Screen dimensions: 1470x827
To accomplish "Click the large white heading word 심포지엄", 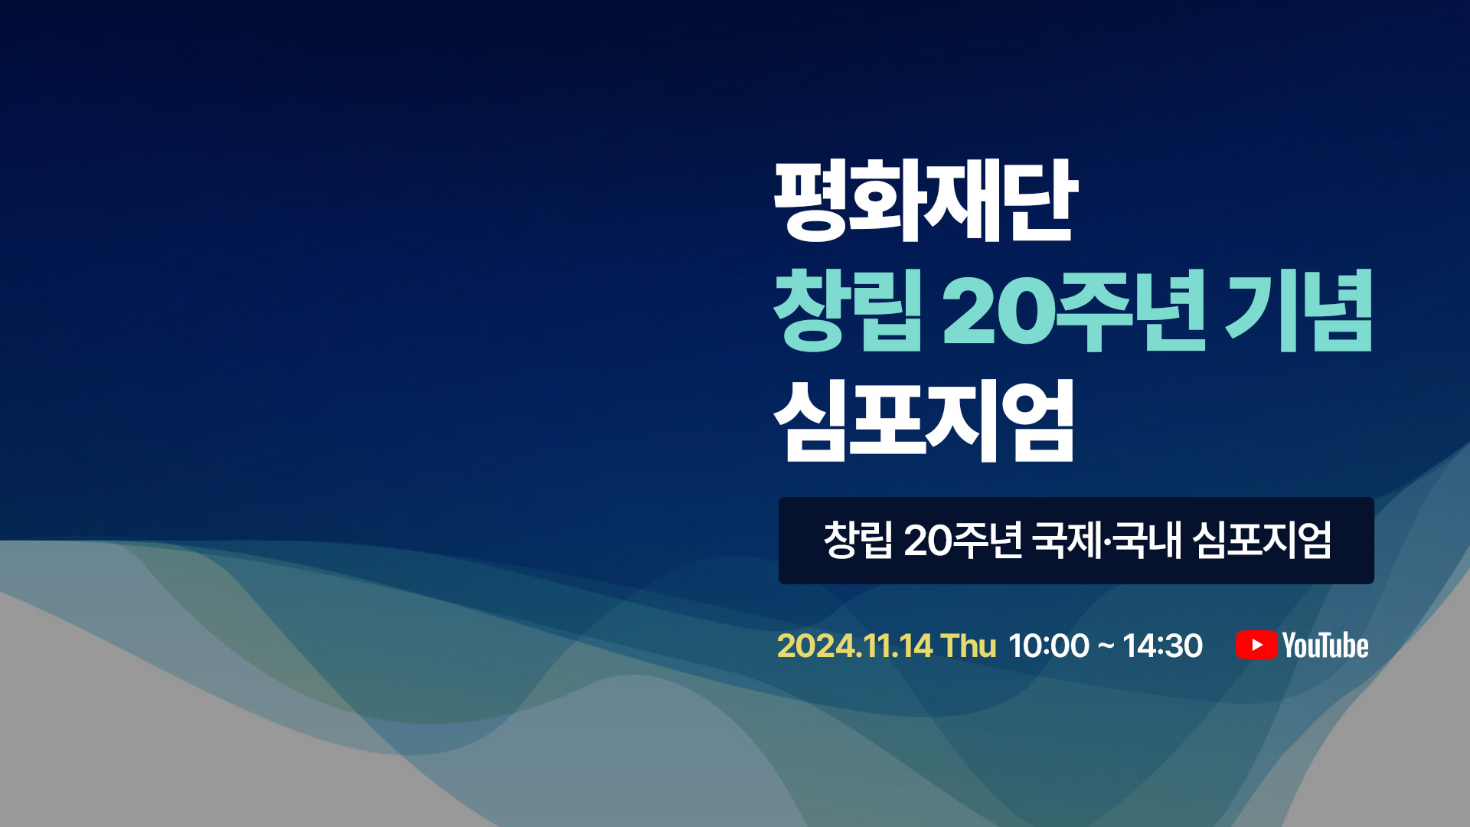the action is [x=924, y=421].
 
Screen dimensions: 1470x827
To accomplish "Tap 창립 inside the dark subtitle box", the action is [x=858, y=540].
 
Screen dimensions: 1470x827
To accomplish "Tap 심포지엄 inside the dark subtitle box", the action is [x=1263, y=540].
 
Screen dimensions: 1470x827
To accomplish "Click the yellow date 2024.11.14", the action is [x=854, y=646].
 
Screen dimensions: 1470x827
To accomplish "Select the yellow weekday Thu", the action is [x=969, y=646].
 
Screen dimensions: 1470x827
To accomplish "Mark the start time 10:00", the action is [x=1049, y=646].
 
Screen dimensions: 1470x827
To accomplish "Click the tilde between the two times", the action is [x=1106, y=647].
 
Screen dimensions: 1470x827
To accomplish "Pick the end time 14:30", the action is [x=1163, y=646].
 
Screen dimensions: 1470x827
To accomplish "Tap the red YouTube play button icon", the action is [x=1256, y=645].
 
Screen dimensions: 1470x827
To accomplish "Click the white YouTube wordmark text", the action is [x=1325, y=646].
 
